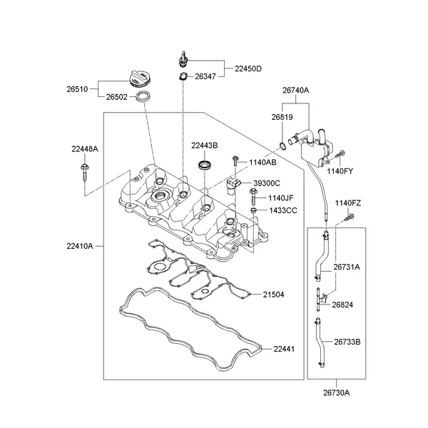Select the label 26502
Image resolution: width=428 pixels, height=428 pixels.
click(117, 97)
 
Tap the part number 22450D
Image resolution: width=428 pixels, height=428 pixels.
click(248, 69)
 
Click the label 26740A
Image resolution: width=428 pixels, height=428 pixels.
click(295, 90)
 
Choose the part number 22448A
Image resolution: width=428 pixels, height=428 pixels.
click(85, 148)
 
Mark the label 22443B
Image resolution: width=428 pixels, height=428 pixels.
click(204, 146)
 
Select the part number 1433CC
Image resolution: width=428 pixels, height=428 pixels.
click(282, 210)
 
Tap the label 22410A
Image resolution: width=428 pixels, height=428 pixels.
click(79, 246)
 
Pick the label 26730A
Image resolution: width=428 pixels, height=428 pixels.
click(336, 392)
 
